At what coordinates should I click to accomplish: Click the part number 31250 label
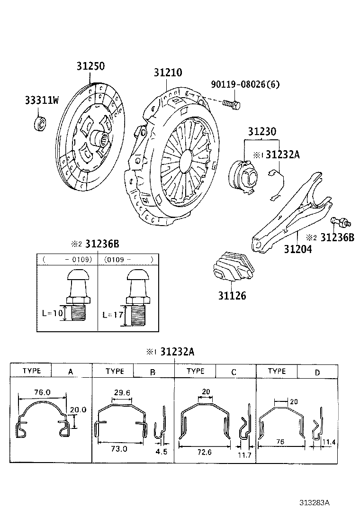[90, 66]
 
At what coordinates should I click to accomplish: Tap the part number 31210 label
[168, 73]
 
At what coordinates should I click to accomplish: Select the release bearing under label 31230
[243, 174]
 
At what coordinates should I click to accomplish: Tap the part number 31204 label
[297, 248]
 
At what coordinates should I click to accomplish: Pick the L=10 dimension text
[51, 314]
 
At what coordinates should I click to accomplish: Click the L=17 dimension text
[112, 315]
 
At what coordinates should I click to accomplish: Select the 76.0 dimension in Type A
[43, 392]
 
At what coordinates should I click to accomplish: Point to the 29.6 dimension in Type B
[122, 392]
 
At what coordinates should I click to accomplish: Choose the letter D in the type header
[317, 373]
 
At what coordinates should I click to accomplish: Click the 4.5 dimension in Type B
[162, 452]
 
